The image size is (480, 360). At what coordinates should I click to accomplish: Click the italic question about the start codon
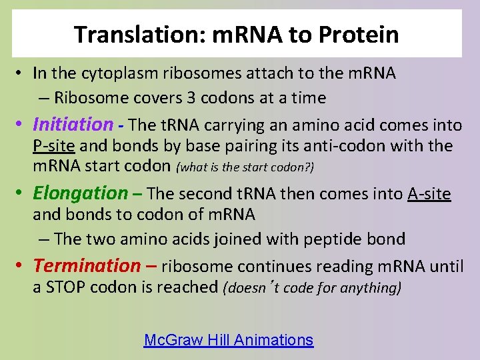[245, 167]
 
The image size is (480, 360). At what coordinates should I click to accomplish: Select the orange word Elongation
[80, 193]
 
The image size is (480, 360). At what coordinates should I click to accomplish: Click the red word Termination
[86, 265]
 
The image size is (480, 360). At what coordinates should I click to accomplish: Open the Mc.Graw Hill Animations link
[228, 340]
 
